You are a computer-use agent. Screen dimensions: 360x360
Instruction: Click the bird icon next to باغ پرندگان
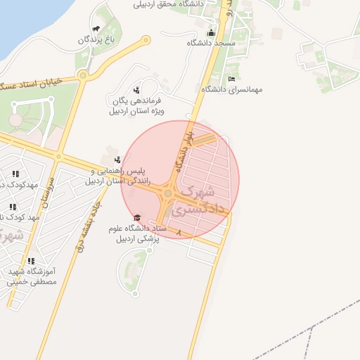pos(95,30)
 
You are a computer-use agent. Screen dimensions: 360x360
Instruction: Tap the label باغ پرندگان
pos(96,40)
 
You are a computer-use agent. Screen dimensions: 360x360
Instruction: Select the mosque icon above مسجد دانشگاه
pos(211,33)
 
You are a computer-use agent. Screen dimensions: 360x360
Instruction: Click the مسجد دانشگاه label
pos(211,44)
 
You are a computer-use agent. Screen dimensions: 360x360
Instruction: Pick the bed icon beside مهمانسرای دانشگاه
pos(232,79)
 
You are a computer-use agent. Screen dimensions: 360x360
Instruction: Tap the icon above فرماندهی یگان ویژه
pos(136,90)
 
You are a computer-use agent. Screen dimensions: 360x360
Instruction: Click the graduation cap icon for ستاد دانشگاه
pos(137,217)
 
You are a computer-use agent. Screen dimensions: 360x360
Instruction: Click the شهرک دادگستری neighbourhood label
pos(202,200)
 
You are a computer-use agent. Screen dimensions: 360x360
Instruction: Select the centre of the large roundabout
pos(169,193)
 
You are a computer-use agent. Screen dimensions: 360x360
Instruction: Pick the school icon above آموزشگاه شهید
pos(31,261)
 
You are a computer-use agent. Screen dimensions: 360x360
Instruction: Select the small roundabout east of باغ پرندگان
pos(146,40)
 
